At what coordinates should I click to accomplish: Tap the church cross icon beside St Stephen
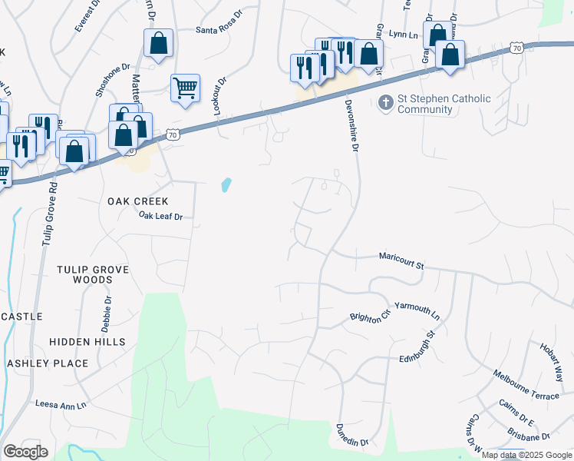click(x=386, y=100)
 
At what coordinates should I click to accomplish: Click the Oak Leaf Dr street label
click(x=160, y=217)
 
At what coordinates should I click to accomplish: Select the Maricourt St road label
click(x=401, y=261)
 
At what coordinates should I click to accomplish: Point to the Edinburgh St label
click(x=418, y=347)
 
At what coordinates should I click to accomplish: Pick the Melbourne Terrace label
click(x=526, y=384)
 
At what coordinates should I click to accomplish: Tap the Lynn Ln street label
click(x=404, y=34)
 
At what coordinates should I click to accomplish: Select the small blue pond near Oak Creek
click(x=226, y=185)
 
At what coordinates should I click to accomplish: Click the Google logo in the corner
click(x=25, y=452)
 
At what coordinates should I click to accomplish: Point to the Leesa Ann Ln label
click(x=61, y=403)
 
